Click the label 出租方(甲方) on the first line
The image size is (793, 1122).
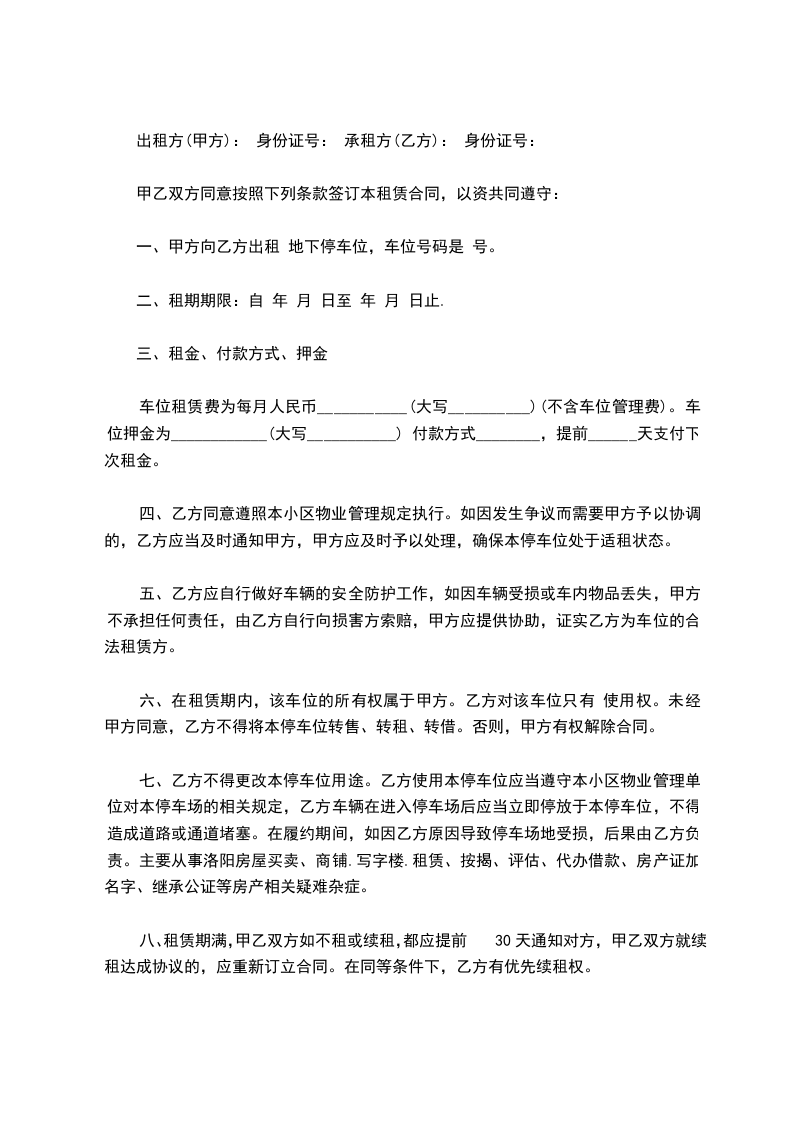(x=187, y=141)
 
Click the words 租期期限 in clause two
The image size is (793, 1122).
(x=198, y=300)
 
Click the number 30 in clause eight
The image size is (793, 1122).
(x=504, y=941)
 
